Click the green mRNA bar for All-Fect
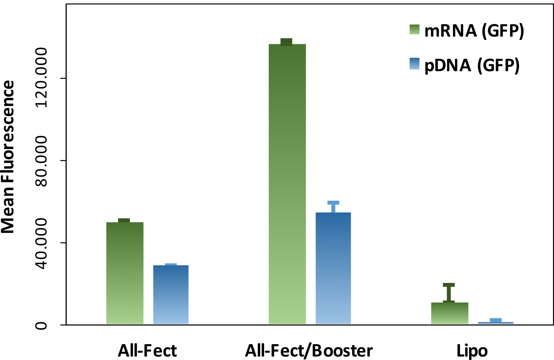pos(125,273)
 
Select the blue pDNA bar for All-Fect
pos(171,294)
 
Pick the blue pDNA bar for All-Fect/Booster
pos(333,268)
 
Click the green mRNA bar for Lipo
pos(450,313)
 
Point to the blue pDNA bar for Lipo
pos(496,323)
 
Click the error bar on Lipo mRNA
pos(449,292)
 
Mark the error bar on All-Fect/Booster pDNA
pos(333,207)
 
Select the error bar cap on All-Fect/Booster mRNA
pos(286,42)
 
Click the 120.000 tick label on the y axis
pos(42,78)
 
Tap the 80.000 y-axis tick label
pos(42,161)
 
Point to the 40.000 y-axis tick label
pos(42,243)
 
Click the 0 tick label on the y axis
pos(42,325)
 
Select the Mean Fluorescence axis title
pos(8,157)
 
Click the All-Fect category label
pos(147,350)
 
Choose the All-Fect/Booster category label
pos(309,350)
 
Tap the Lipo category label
pos(472,350)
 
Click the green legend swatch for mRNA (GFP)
pos(415,30)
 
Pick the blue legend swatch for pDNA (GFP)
pos(415,64)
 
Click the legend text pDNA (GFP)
pos(472,65)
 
